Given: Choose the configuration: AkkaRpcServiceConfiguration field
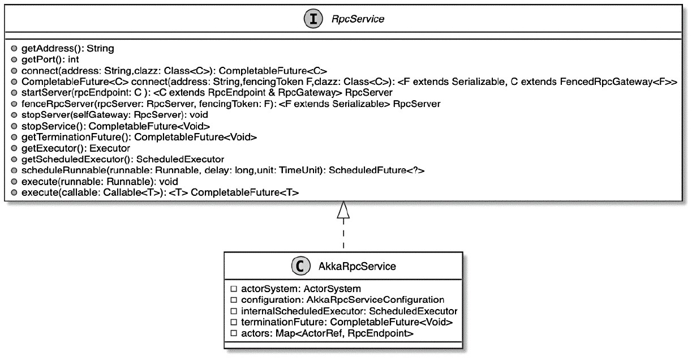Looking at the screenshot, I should tap(342, 299).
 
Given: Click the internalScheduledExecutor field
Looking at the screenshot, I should tap(348, 311).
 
